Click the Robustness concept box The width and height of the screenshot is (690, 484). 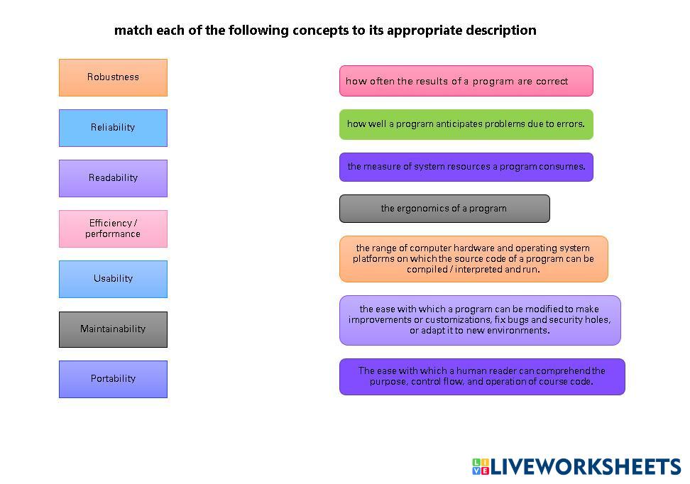pos(113,77)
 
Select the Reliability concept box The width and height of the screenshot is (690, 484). pos(113,128)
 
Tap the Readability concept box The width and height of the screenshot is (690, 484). pos(113,178)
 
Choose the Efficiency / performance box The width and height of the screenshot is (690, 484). pos(113,229)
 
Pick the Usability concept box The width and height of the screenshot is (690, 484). pos(113,279)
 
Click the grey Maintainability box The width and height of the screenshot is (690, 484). pos(113,329)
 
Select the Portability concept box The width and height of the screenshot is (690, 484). pos(113,379)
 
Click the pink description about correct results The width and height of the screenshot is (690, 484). pos(466,81)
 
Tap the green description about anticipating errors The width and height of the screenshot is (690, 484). pos(466,124)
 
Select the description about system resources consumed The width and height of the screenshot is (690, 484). pos(466,167)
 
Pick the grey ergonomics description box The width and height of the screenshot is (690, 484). pos(444,209)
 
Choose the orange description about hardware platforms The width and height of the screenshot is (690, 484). pos(473,259)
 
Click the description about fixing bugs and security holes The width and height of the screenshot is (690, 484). pos(480,320)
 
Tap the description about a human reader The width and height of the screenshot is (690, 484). pos(482,377)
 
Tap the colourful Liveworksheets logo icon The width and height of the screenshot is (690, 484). pos(481,466)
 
